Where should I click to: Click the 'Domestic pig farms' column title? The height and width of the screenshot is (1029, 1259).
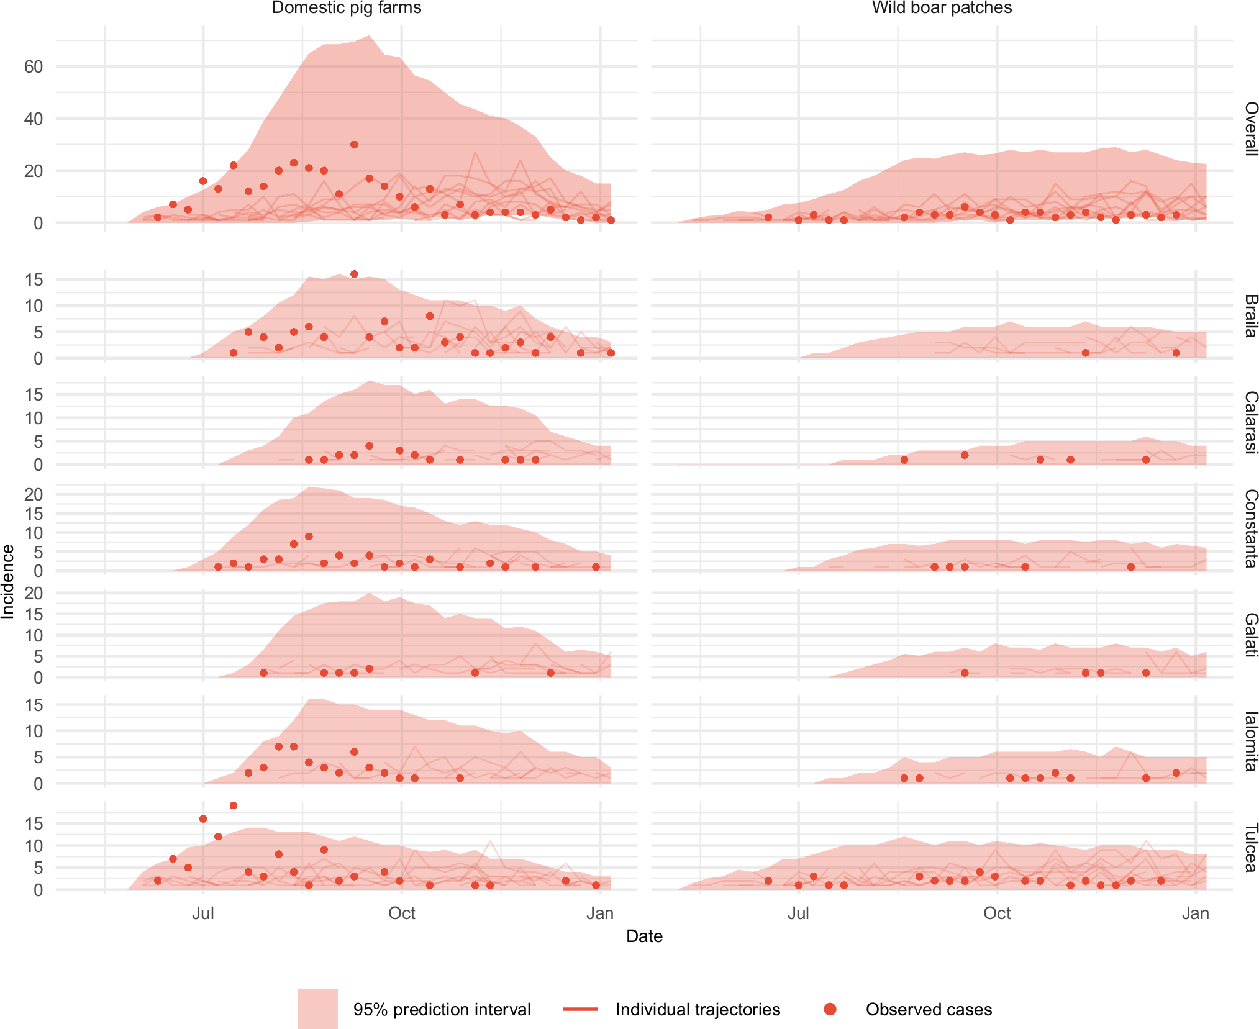(346, 8)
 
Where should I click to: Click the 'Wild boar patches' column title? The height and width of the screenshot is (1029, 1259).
(942, 8)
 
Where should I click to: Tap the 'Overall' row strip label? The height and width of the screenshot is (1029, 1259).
(1250, 129)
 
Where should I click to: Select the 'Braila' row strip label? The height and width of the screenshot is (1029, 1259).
(1250, 316)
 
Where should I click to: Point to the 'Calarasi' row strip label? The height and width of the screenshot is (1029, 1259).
(1250, 422)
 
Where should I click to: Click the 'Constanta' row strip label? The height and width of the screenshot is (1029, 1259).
(1250, 528)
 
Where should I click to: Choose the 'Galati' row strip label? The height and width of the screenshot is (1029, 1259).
(1250, 635)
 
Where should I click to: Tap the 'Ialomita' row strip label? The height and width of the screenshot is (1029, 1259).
(1250, 741)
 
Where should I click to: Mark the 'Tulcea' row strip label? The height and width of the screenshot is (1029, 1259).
(1250, 847)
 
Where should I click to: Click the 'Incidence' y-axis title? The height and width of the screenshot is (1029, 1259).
(8, 581)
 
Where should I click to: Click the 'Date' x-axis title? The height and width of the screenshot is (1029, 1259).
(644, 936)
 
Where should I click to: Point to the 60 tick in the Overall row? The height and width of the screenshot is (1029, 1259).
(34, 66)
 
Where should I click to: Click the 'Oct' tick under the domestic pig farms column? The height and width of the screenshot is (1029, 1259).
(401, 913)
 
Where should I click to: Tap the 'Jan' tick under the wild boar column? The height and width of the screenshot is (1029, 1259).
(1195, 913)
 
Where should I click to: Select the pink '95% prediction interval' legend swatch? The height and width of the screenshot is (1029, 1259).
(317, 1009)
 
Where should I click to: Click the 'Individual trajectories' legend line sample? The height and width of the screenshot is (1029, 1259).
(580, 1009)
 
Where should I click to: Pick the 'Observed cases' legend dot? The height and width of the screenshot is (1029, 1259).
(830, 1009)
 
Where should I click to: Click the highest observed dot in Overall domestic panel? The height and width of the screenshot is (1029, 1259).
(354, 145)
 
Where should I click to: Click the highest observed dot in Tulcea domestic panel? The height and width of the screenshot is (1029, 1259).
(234, 805)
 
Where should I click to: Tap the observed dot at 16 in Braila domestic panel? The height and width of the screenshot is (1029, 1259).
(354, 274)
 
